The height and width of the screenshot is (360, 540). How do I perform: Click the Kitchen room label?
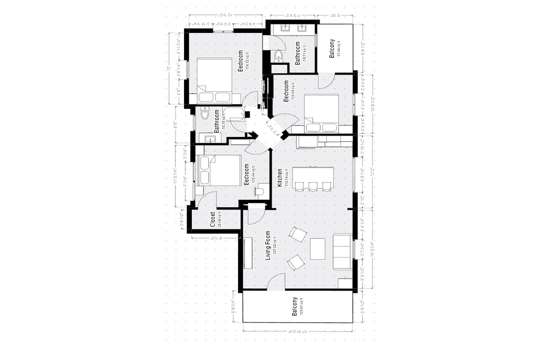coord(280,178)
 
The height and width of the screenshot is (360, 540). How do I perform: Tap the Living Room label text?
coord(268,245)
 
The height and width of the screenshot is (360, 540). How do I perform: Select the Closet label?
coord(213,219)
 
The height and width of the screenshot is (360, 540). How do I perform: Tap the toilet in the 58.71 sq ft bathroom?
coord(278,56)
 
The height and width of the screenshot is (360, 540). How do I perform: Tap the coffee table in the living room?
coord(317,249)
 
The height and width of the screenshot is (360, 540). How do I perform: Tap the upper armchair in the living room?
coord(298,234)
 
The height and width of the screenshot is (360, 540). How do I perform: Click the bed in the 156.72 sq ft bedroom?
coord(214,80)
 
